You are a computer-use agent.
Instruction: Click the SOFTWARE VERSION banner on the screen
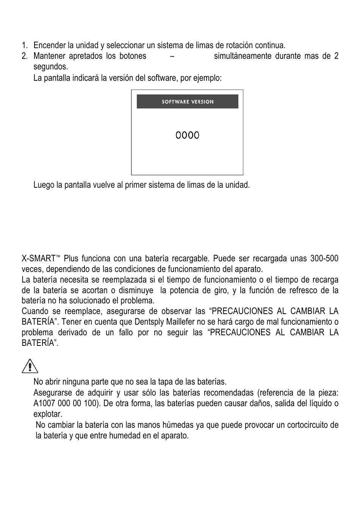[x=188, y=102]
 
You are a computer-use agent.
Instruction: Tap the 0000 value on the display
[x=188, y=135]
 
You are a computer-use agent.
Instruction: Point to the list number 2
[x=25, y=56]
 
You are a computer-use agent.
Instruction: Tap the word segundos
[x=51, y=67]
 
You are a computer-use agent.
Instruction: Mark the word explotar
[x=48, y=414]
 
